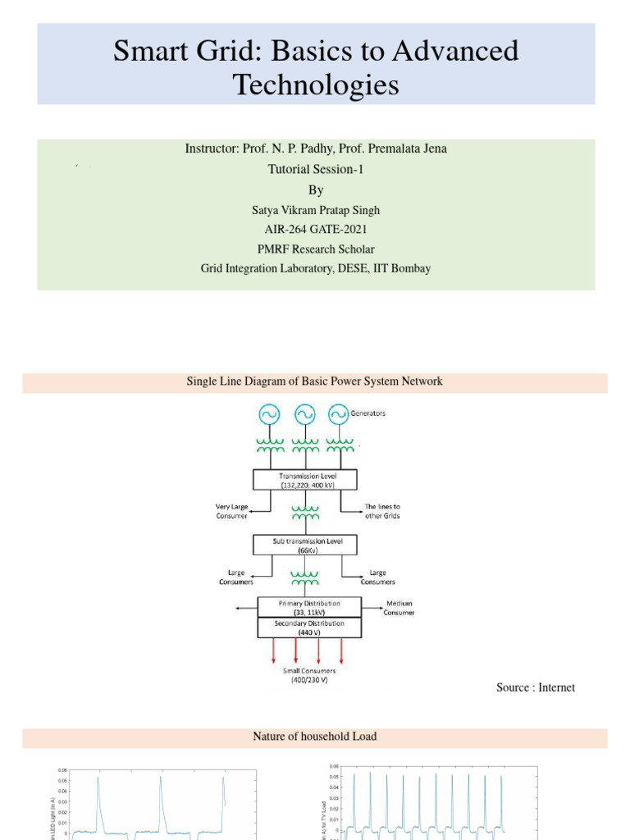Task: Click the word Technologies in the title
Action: (316, 84)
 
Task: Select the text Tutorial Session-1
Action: (316, 169)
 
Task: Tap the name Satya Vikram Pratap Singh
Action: (316, 210)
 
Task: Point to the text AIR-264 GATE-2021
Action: (316, 230)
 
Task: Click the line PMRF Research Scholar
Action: (316, 249)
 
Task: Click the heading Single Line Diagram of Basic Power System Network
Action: (316, 381)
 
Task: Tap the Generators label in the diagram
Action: (368, 413)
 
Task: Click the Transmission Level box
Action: (307, 480)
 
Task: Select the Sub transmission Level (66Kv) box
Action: (307, 545)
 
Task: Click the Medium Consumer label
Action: (399, 608)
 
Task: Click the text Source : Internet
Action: (535, 687)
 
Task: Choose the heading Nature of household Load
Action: (315, 737)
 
